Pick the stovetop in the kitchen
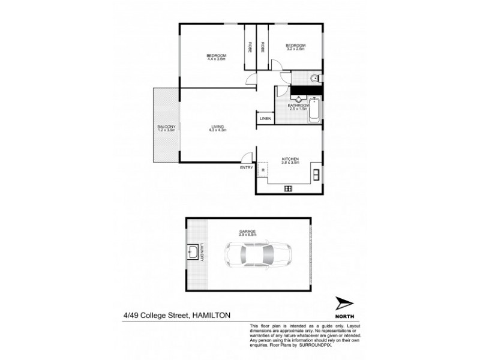tap(288, 188)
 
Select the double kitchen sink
tap(316, 175)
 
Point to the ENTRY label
tap(247, 168)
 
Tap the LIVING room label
tap(217, 127)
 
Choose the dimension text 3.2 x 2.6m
tap(295, 50)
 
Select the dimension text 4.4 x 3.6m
tap(216, 59)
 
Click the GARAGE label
tap(248, 231)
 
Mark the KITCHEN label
tap(290, 159)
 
